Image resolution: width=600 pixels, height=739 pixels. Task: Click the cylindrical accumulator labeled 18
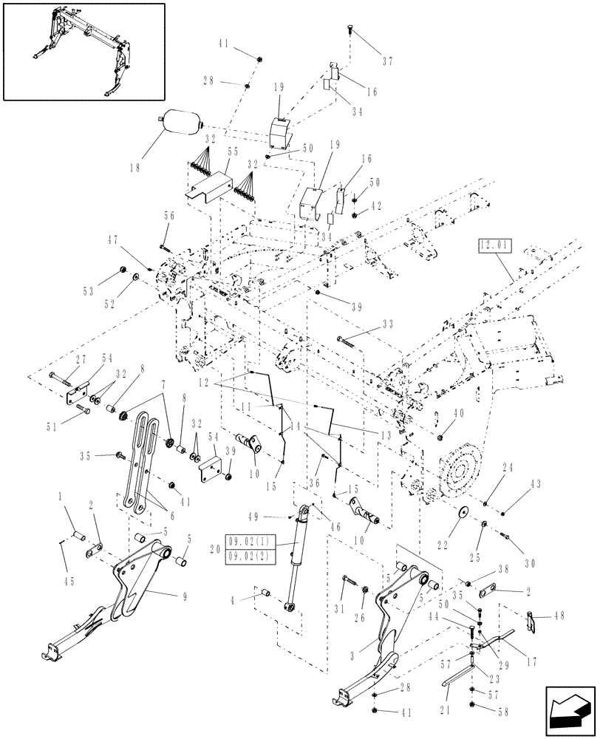click(180, 122)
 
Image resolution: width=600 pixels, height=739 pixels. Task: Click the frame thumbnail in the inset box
click(83, 50)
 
